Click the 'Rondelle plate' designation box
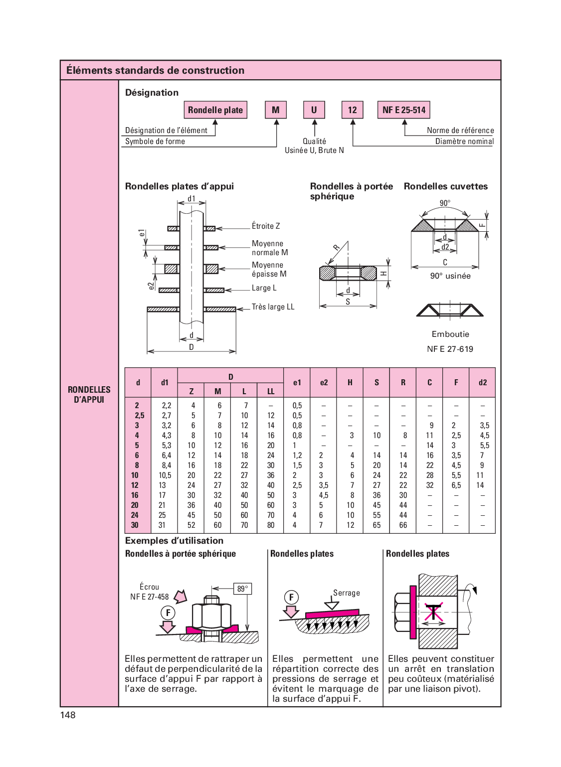[215, 110]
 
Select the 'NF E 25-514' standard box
[404, 110]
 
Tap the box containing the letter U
[314, 110]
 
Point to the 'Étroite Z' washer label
[266, 226]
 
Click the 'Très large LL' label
[273, 307]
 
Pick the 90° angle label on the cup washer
[445, 203]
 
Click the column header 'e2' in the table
[324, 383]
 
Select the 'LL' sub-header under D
[271, 392]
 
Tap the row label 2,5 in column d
[139, 416]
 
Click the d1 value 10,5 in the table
[165, 475]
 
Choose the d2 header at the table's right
[482, 383]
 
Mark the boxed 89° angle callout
[242, 589]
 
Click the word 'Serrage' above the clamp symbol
[347, 593]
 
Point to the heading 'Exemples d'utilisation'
[174, 541]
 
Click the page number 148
[68, 715]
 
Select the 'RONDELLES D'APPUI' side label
[89, 395]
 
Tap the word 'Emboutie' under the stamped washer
[450, 334]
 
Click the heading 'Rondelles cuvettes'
[446, 186]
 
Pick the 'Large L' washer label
[264, 288]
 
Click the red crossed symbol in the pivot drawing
[433, 612]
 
